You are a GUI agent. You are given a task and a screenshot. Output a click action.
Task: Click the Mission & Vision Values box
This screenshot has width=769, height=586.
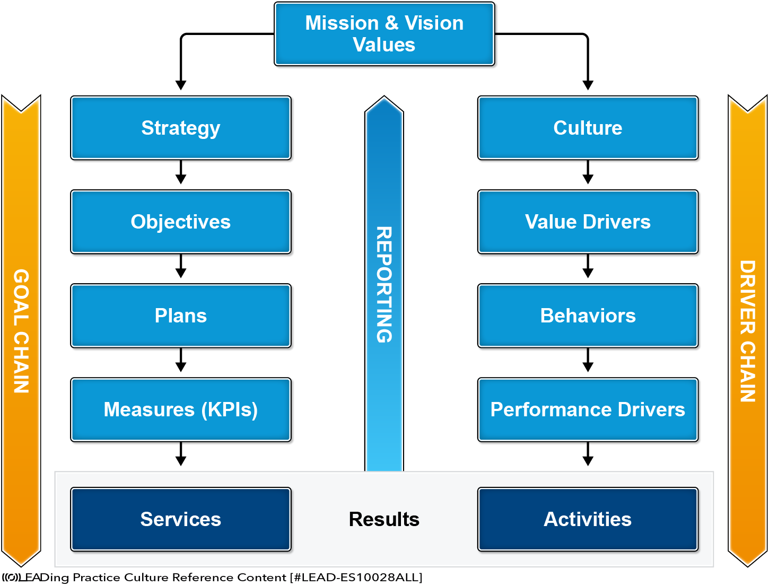click(384, 33)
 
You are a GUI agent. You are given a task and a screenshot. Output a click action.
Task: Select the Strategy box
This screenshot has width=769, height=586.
click(181, 128)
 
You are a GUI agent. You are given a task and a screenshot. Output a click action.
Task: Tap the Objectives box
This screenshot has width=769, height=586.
click(181, 222)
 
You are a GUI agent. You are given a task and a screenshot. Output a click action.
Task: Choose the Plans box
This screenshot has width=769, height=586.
click(181, 316)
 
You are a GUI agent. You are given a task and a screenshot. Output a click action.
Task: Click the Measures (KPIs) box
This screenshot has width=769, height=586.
click(181, 409)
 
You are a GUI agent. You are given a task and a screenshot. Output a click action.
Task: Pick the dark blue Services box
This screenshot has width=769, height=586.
click(181, 519)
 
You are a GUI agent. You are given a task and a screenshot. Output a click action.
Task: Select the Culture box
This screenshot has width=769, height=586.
click(588, 128)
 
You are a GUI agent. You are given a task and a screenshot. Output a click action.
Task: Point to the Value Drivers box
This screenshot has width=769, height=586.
click(588, 222)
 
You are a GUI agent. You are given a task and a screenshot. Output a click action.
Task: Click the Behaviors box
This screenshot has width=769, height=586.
click(588, 316)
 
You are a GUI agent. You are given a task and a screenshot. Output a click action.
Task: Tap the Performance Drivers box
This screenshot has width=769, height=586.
click(588, 409)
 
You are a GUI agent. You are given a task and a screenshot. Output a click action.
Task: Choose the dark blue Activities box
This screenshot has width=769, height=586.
click(588, 519)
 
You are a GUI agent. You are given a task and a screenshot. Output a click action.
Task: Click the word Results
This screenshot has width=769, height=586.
click(384, 519)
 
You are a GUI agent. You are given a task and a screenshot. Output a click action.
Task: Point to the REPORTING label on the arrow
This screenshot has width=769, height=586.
click(384, 285)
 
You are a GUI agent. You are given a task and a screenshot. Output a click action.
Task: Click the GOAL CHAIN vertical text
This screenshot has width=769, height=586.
click(21, 331)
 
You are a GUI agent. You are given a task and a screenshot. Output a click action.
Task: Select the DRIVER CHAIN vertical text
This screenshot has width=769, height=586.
click(748, 331)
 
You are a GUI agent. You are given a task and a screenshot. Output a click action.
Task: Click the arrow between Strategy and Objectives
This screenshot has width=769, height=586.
click(181, 172)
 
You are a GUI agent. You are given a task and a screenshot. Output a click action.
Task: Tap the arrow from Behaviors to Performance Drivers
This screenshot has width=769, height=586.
click(588, 360)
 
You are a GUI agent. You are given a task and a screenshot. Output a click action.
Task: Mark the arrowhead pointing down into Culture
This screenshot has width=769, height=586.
click(588, 85)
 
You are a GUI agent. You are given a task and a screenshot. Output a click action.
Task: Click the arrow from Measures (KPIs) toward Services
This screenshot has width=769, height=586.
click(181, 453)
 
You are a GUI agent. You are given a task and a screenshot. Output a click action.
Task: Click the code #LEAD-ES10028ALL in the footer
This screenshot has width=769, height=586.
click(356, 577)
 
